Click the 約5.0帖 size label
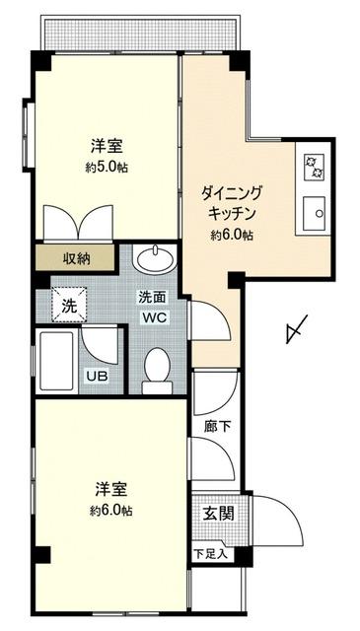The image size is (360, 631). tap(107, 168)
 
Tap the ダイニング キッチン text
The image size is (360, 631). tap(232, 203)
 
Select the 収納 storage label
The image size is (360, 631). tap(76, 258)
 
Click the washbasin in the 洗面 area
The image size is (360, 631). tap(156, 259)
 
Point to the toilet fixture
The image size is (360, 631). tap(157, 371)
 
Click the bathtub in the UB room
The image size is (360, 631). tap(57, 361)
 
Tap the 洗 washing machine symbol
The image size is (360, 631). tap(69, 306)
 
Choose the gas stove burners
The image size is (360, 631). tap(314, 167)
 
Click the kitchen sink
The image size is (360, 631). tap(314, 214)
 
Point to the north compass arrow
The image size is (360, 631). tap(296, 329)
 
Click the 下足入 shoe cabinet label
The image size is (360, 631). tap(211, 554)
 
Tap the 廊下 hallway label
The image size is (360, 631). tap(217, 427)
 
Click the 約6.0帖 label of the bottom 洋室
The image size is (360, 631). tap(111, 511)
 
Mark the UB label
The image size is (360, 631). tap(97, 377)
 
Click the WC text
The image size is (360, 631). tap(153, 317)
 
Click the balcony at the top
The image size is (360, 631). tap(142, 34)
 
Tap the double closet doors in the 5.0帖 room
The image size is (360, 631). tap(78, 224)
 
